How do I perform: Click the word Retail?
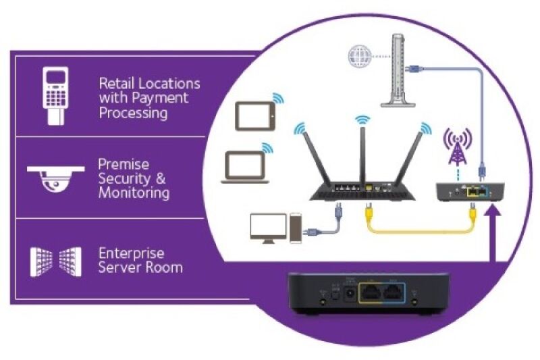pos(117,84)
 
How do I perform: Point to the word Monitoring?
pos(134,192)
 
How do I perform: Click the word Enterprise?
pos(131,253)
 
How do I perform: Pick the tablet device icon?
pos(255,115)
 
